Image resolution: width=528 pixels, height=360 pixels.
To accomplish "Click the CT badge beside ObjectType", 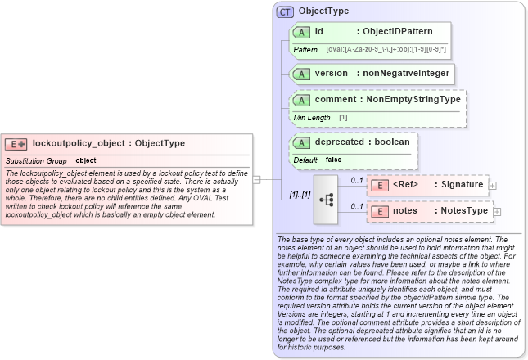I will click(x=286, y=11).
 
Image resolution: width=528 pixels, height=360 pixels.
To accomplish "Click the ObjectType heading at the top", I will click(x=323, y=11).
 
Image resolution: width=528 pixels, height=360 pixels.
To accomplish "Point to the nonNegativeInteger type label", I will click(x=406, y=73).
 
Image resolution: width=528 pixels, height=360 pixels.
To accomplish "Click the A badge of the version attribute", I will click(x=300, y=74).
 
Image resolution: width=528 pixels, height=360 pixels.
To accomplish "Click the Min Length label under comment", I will click(x=312, y=118).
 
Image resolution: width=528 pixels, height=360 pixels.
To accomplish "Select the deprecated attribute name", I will click(x=338, y=141).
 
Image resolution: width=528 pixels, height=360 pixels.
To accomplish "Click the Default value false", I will click(x=333, y=160).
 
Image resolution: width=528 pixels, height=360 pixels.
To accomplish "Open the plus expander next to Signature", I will click(x=493, y=185).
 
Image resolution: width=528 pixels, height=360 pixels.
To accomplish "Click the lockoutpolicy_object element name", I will click(x=79, y=143).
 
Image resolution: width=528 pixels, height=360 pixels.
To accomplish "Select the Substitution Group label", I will click(x=36, y=160).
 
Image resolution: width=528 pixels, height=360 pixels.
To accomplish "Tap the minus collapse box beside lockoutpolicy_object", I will click(x=257, y=178).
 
